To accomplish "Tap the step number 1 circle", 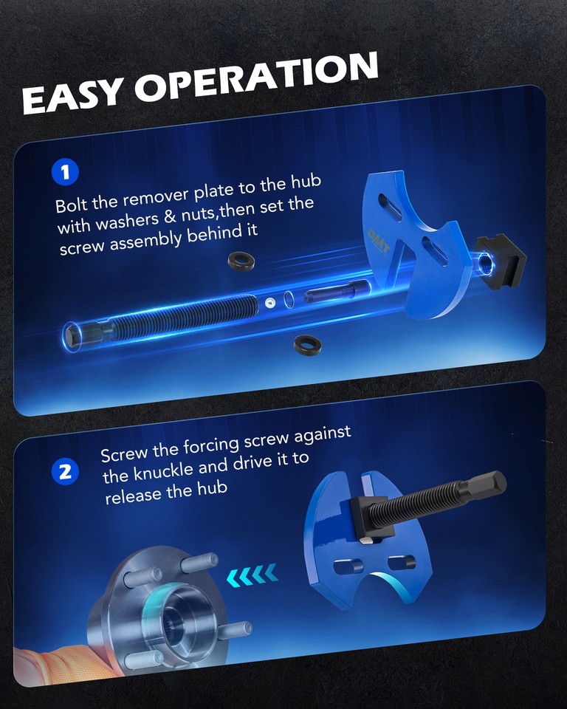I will pos(65,173).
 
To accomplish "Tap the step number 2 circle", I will pos(65,471).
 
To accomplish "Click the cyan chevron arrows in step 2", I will pos(253,572).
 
